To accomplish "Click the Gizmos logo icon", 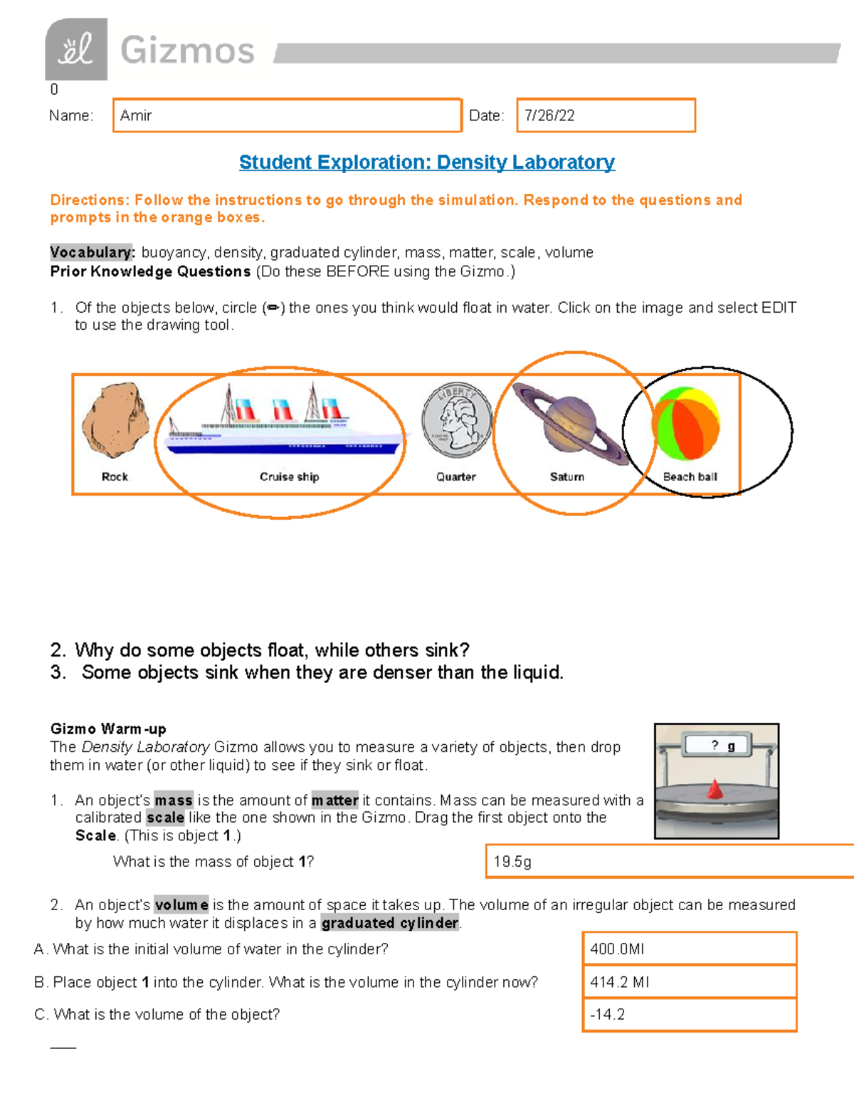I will tap(76, 49).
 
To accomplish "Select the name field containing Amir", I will tap(287, 115).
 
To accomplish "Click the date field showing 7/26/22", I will tap(605, 115).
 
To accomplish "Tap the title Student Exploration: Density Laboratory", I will tap(426, 162).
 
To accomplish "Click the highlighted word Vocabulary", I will tap(91, 252).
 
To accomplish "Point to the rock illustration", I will tap(115, 420).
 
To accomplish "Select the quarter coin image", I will tap(456, 421).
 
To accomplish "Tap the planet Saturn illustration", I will tap(569, 424).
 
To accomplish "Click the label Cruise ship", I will tap(289, 476).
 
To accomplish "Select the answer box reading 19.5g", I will tap(669, 861).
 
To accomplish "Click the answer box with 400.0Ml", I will tap(689, 949).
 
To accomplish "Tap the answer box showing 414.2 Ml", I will tap(689, 982).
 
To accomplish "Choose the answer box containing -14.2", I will tap(689, 1015).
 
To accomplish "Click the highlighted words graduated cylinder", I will tap(390, 923).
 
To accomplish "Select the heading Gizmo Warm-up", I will tap(108, 729).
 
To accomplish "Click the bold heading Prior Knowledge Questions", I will tap(150, 271).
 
